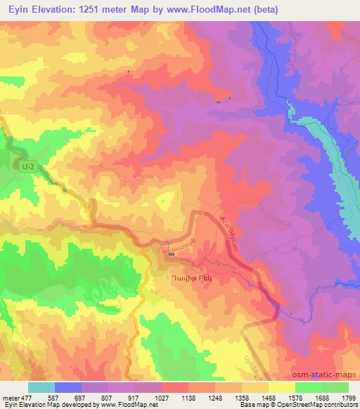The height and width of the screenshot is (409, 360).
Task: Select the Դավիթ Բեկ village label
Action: click(x=181, y=277)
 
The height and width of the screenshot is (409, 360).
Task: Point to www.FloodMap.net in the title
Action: click(x=212, y=9)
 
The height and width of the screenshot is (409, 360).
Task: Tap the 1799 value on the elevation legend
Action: click(x=347, y=397)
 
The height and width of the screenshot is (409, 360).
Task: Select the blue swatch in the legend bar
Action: click(x=67, y=387)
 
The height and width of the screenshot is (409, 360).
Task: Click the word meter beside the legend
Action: click(x=8, y=397)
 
